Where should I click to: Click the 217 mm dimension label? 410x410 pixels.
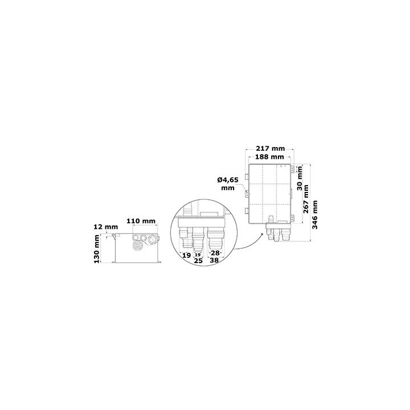[270, 149]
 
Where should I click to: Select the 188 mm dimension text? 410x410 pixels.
[269, 157]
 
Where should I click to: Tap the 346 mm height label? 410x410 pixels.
[315, 215]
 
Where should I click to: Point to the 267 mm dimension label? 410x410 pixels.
[306, 199]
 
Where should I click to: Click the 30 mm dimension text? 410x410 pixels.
[300, 178]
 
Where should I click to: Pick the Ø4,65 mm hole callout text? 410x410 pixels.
[228, 184]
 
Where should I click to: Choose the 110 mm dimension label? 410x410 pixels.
[141, 221]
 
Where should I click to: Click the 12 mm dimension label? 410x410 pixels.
[106, 227]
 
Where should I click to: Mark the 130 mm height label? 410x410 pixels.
[97, 249]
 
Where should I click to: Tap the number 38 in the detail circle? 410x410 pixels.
[214, 260]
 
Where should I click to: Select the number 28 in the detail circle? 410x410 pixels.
[215, 253]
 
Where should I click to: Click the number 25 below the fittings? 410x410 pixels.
[199, 261]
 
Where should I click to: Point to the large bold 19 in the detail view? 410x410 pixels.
[186, 255]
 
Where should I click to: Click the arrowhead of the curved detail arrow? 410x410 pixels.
[263, 234]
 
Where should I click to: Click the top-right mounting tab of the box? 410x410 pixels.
[293, 169]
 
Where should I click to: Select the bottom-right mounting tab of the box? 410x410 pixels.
[293, 218]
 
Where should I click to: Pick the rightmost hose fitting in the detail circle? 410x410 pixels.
[215, 238]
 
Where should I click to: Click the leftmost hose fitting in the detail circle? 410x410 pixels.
[186, 237]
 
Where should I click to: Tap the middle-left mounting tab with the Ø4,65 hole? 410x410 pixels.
[247, 194]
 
